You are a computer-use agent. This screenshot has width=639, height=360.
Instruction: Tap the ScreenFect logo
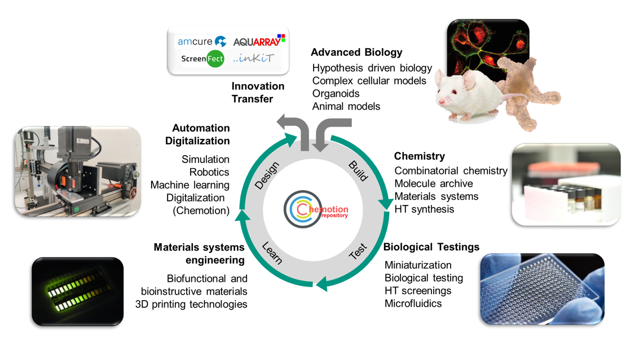pos(202,59)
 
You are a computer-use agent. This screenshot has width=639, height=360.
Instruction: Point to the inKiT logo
pos(254,58)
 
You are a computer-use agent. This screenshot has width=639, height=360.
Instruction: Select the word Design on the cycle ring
pos(267,175)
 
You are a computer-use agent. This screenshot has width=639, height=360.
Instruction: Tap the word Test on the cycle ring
pos(358,251)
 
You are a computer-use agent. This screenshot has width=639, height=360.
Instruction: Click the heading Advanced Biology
pos(356,52)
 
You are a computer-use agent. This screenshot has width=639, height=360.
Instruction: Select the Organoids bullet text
pos(336,94)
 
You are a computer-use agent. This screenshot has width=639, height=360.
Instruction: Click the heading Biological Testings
pos(431,247)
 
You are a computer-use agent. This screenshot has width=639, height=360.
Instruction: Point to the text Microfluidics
pos(413,304)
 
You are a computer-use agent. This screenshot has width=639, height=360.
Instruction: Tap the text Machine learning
pos(190,185)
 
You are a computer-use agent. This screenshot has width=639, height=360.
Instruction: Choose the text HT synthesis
pos(424,209)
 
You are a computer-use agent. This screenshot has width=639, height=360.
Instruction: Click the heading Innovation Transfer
pos(258,93)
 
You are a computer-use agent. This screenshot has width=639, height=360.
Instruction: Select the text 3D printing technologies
pos(191,304)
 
